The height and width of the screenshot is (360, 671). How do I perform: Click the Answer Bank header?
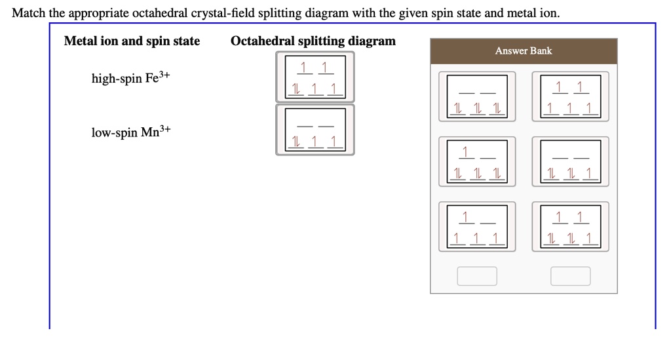pos(524,50)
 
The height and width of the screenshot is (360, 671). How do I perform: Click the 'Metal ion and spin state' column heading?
pos(132,41)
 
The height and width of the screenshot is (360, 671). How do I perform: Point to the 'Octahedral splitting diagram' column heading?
pos(313,41)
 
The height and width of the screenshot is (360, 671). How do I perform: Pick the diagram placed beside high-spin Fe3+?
pos(315,77)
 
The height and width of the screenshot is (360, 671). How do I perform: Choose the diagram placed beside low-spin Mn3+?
pos(315,130)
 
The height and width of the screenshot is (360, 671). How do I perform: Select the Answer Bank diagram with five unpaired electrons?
pos(570,96)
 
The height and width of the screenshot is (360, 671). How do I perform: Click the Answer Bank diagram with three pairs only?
pos(476,96)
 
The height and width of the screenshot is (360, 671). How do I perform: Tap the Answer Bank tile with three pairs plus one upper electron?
pos(476,161)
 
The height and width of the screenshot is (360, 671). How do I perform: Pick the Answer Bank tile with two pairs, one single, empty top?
pos(570,161)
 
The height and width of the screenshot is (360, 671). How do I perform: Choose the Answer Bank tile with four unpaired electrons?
pos(476,227)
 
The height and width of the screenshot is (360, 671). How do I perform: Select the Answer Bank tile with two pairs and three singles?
pos(570,227)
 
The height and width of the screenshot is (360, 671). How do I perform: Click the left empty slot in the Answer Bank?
pos(477,276)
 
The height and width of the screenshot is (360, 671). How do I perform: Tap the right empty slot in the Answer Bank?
pos(570,276)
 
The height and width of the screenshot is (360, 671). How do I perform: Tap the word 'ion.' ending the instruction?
pos(549,13)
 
